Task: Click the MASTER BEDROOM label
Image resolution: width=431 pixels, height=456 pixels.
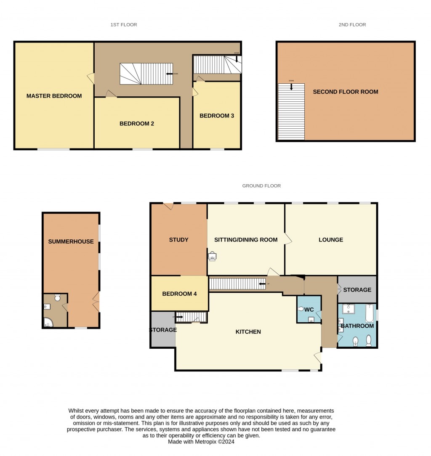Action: click(x=54, y=96)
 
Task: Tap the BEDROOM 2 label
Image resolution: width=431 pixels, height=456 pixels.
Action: click(x=137, y=124)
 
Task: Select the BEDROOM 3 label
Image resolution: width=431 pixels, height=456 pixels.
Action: click(x=216, y=116)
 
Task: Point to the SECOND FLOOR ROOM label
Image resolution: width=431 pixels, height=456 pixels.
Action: click(x=345, y=92)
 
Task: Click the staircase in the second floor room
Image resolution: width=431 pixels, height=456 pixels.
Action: click(x=291, y=112)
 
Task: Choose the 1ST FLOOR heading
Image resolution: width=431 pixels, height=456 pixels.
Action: click(x=124, y=25)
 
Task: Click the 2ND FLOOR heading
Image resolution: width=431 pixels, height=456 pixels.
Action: click(x=352, y=25)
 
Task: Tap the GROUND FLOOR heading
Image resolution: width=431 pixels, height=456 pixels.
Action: click(x=261, y=186)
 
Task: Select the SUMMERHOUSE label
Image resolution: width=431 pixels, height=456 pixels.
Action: click(x=71, y=241)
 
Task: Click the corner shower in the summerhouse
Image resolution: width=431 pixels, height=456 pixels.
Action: click(x=48, y=323)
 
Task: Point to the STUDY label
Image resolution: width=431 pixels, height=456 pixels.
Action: click(x=178, y=240)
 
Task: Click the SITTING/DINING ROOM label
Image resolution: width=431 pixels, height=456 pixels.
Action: click(x=246, y=240)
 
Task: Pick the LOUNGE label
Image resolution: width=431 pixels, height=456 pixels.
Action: click(x=331, y=240)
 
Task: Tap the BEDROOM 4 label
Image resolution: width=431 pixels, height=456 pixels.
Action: click(x=179, y=294)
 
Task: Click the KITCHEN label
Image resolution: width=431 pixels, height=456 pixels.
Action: click(x=248, y=332)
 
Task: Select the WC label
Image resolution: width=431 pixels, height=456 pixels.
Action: click(x=309, y=310)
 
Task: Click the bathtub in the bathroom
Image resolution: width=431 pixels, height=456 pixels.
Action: click(x=369, y=314)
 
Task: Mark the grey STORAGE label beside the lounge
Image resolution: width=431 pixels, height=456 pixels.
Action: click(x=357, y=290)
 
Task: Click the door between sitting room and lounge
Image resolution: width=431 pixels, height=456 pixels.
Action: click(x=288, y=239)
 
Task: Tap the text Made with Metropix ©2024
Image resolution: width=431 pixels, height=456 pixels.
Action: click(x=201, y=442)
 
